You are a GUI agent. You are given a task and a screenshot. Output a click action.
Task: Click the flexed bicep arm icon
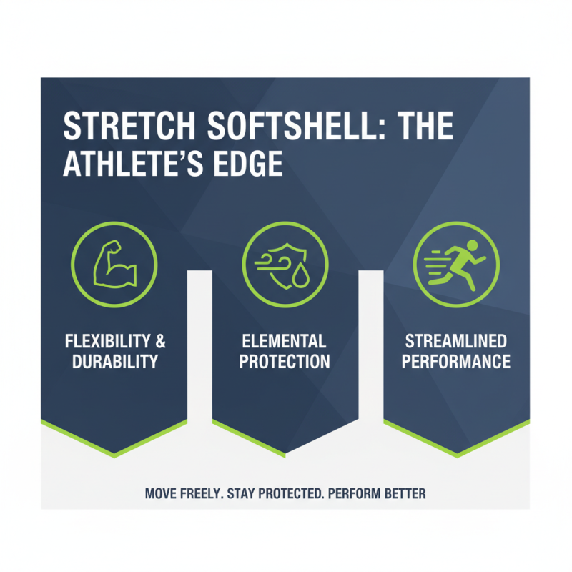114,265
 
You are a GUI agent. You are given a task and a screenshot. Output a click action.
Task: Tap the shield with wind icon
285,265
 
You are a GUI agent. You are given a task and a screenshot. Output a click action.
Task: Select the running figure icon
456,265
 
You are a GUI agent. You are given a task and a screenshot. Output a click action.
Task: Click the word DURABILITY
114,362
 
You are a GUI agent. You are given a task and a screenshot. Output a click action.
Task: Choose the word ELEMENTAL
285,340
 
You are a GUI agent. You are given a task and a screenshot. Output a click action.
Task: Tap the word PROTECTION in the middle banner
285,362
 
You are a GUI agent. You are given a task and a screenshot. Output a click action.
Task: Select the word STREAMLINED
456,340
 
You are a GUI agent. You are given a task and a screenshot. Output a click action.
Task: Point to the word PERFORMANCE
456,362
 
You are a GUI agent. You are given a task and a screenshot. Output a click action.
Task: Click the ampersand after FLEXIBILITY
159,340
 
